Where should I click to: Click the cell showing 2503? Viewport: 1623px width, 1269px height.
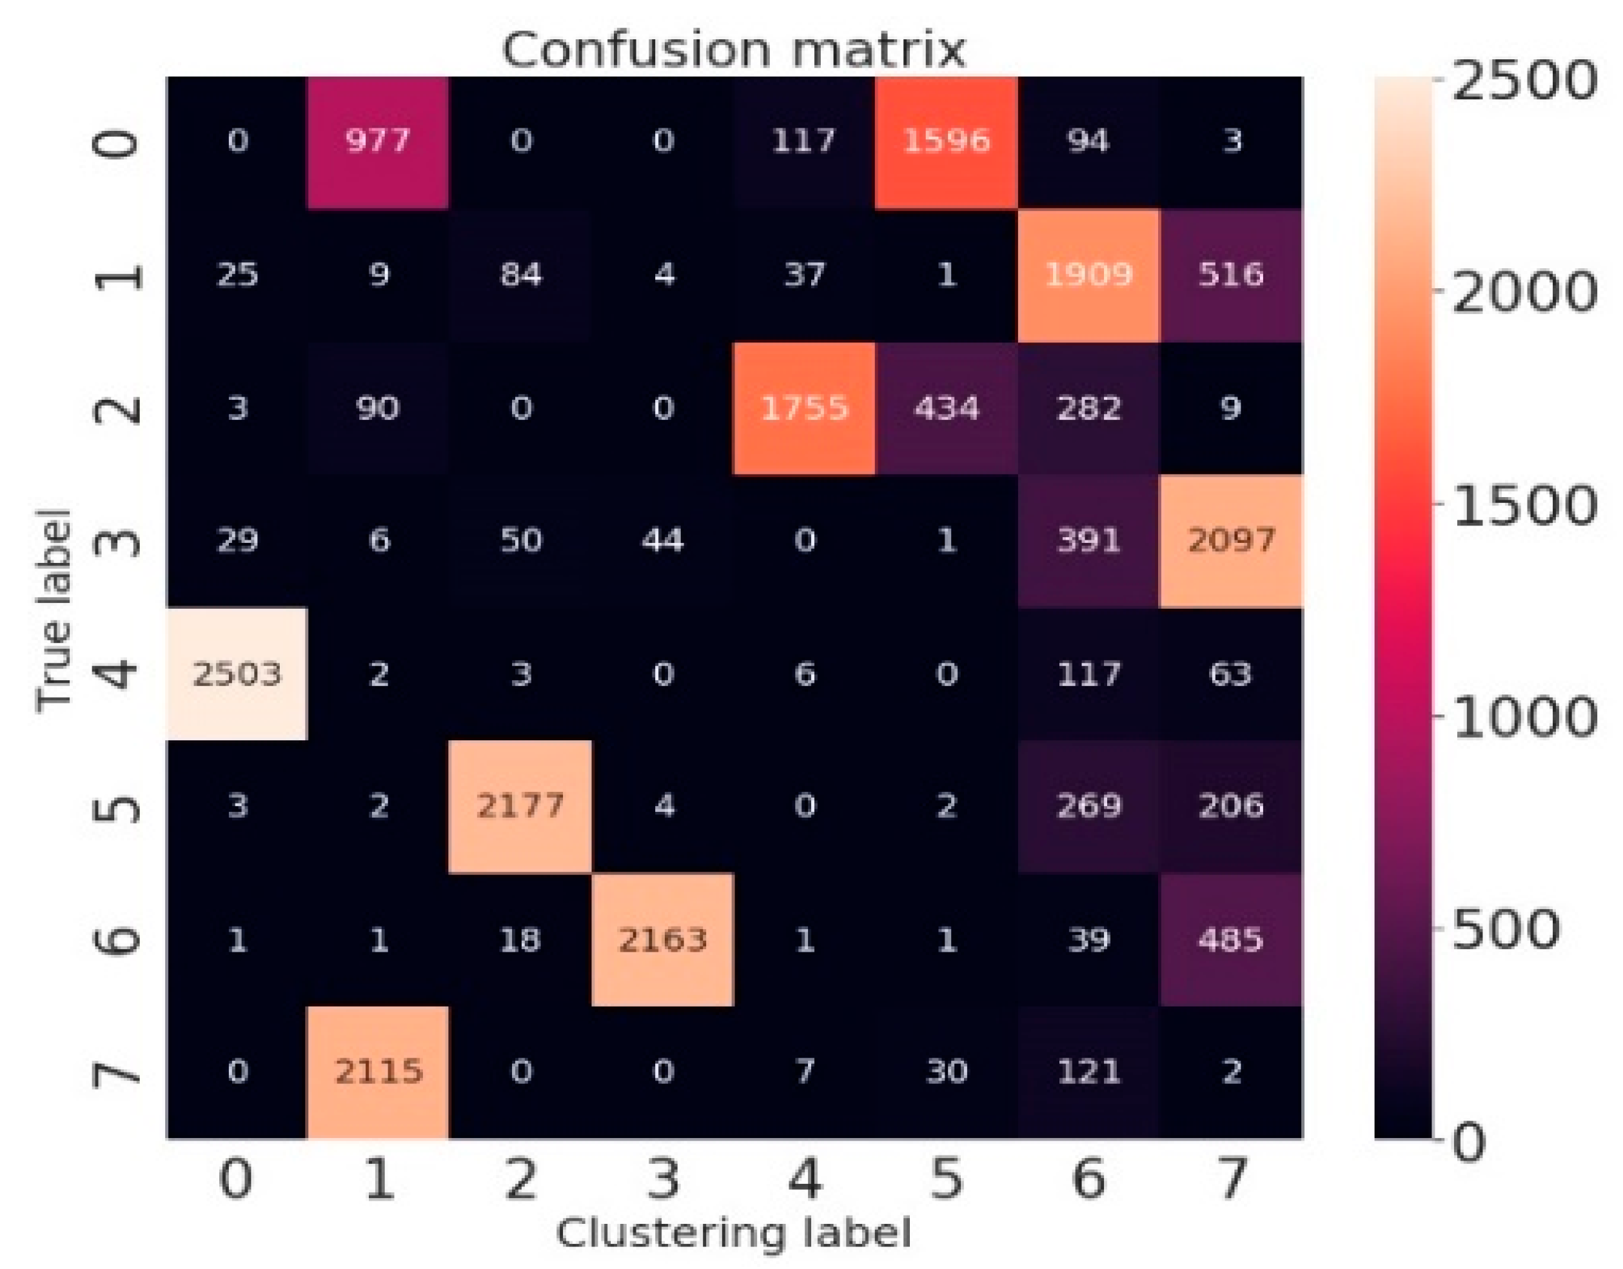(236, 674)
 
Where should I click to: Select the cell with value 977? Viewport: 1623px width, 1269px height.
(379, 141)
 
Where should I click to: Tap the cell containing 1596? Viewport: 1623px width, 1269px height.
(946, 141)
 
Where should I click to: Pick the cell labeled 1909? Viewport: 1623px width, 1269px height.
(1088, 274)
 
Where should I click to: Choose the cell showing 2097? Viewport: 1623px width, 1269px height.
(1230, 540)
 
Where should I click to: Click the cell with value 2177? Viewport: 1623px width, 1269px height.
(520, 806)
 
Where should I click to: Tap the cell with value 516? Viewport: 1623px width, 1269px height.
(1230, 274)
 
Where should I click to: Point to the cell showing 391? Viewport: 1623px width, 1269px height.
(1088, 540)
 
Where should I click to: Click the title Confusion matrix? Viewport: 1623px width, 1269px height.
(733, 50)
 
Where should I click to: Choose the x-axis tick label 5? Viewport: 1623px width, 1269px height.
(946, 1179)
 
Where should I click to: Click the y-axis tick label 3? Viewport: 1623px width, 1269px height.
(119, 540)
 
